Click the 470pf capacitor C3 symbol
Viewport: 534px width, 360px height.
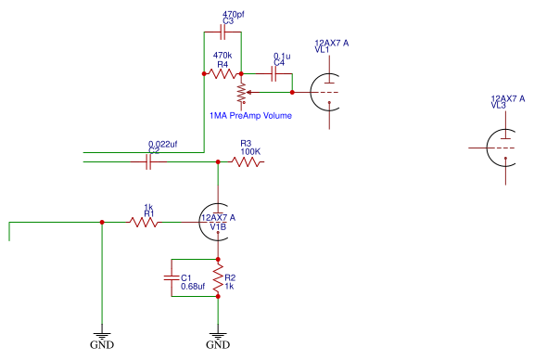pos(222,32)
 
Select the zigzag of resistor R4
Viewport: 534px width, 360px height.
pos(222,73)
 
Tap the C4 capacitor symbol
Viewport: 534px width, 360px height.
pos(274,73)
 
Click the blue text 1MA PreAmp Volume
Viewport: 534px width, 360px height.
pos(250,116)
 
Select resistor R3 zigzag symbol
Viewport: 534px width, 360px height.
pos(248,162)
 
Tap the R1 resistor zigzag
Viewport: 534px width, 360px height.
pos(144,223)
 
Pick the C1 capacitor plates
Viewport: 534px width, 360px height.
pos(172,277)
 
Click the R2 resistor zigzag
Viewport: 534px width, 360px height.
pos(218,277)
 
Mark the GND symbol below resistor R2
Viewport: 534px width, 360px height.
pos(218,338)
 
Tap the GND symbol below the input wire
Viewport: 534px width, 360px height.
pos(101,338)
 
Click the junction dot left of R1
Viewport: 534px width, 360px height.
pos(101,223)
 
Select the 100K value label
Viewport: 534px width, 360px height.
pos(250,151)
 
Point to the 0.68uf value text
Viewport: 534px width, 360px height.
pos(193,286)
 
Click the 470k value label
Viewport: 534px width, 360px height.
pos(222,56)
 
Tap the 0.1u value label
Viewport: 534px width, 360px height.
pos(281,57)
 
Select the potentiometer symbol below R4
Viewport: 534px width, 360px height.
pos(241,92)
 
